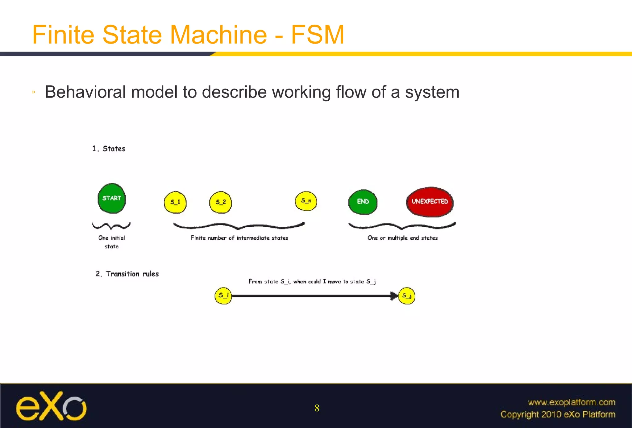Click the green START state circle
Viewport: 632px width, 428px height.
click(111, 198)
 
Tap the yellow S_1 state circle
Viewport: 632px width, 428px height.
click(175, 202)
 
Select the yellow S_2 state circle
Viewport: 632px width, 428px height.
click(220, 202)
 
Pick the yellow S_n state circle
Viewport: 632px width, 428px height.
click(306, 201)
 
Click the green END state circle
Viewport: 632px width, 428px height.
click(363, 202)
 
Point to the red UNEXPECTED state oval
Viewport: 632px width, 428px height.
click(430, 202)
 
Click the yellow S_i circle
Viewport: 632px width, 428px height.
click(223, 296)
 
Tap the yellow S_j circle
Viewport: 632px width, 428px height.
click(407, 296)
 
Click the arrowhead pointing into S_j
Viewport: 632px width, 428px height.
click(394, 296)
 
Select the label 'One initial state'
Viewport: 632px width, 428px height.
click(111, 242)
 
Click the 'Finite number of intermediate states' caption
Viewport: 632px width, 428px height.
click(239, 238)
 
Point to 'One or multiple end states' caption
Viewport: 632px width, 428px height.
click(402, 238)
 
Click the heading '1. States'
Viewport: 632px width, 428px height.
click(109, 149)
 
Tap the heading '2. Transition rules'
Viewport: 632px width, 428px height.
click(127, 274)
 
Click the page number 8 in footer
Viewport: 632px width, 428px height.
click(317, 408)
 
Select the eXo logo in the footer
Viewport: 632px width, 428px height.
click(51, 406)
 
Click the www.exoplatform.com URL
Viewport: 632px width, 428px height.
click(571, 402)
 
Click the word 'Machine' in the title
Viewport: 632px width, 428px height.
click(218, 35)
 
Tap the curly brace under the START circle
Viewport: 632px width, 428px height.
click(111, 226)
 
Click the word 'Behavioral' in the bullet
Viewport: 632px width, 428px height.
click(85, 92)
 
